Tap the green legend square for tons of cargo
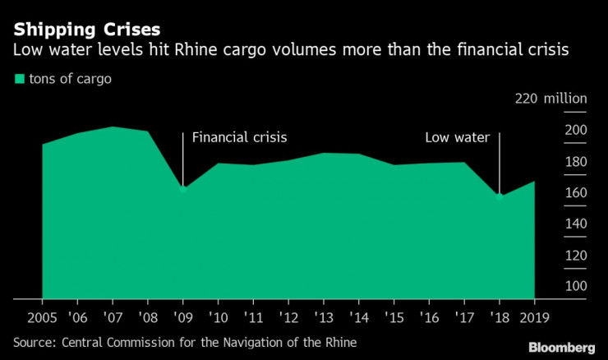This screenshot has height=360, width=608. pos(18,80)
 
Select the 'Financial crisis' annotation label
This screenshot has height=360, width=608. pos(239,137)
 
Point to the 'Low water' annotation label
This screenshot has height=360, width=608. pos(457,137)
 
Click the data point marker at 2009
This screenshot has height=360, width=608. pos(183,189)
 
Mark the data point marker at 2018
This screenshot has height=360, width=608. pos(500,196)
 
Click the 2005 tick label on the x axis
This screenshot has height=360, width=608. pos(42,317)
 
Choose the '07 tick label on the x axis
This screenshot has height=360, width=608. pos(112,317)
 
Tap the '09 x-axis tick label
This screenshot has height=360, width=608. pos(182,317)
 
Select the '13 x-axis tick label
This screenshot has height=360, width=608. pos(323,317)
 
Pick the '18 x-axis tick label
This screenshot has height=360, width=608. pos(499,317)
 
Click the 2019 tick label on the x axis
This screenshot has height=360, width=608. pos(534,317)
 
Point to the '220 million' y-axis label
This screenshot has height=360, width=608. pos(550,99)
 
